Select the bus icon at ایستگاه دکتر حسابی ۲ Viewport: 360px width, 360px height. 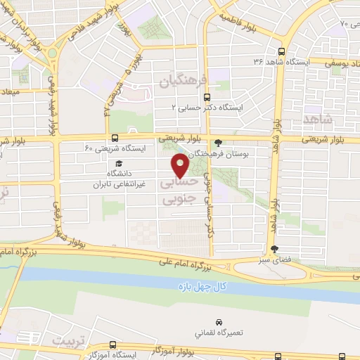tap(206, 97)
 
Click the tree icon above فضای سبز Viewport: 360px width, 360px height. tap(274, 249)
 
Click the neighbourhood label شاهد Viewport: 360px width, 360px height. tap(321, 120)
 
